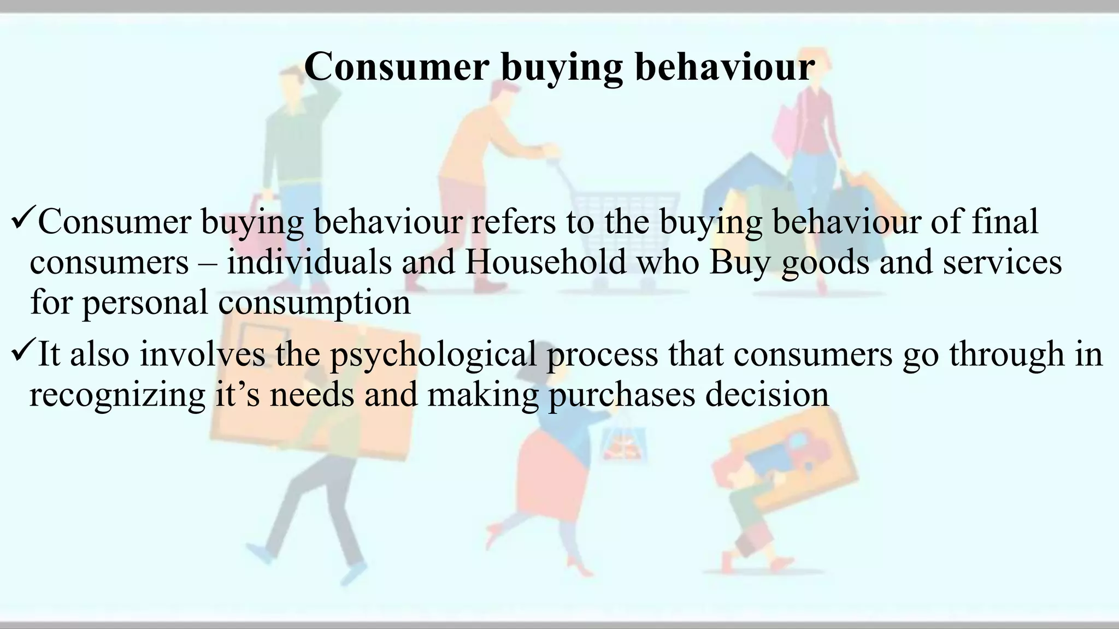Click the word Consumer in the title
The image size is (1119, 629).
point(396,67)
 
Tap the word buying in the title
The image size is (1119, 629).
point(562,68)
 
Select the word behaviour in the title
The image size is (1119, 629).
point(725,67)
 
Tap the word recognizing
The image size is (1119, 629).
point(117,395)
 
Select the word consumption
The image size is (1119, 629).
point(314,302)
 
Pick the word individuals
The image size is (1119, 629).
point(309,261)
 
